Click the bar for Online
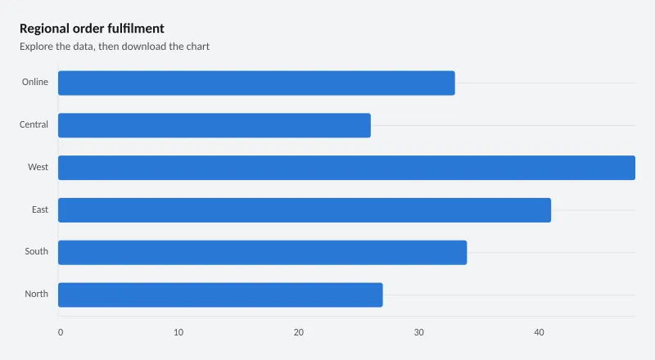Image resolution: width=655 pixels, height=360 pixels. [x=256, y=83]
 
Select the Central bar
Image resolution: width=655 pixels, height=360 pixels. [x=215, y=125]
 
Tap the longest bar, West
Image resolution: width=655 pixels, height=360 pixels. [x=346, y=168]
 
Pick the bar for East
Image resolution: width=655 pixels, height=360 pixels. [x=305, y=210]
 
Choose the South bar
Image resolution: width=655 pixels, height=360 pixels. [x=262, y=252]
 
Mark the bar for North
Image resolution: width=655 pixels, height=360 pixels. [x=220, y=295]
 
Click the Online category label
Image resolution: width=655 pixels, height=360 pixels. [x=35, y=82]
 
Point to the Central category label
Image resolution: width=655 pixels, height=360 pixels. [x=34, y=124]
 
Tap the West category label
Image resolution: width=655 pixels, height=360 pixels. [x=38, y=167]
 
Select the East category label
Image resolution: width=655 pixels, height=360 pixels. [x=40, y=209]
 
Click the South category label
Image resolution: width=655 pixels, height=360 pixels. [x=36, y=251]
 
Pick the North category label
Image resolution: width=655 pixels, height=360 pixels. [x=36, y=294]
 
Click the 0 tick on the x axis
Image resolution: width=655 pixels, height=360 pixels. [x=61, y=332]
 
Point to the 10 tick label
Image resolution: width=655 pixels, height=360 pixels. [x=178, y=332]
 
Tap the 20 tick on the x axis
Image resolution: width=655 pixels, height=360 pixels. [x=299, y=332]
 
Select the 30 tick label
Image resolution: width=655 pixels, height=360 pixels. [x=419, y=332]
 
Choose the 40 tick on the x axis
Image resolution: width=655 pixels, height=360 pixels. [x=539, y=332]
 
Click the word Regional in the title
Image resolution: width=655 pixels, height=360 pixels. [x=45, y=29]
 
